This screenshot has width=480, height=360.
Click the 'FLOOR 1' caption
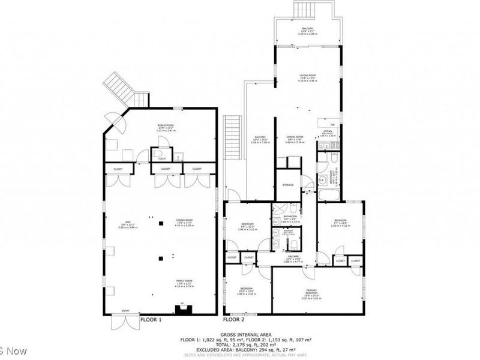[151, 320]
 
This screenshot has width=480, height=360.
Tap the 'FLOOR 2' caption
[234, 320]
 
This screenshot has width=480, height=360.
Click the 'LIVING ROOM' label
[308, 76]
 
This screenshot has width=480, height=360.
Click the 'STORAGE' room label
[288, 185]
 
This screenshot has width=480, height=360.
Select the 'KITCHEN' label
[328, 131]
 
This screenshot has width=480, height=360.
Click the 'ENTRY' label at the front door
[125, 310]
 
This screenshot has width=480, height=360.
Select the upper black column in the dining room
[160, 223]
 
